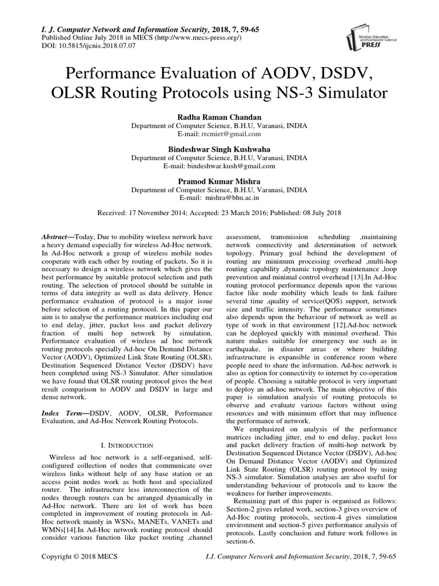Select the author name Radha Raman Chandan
point(219,116)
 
